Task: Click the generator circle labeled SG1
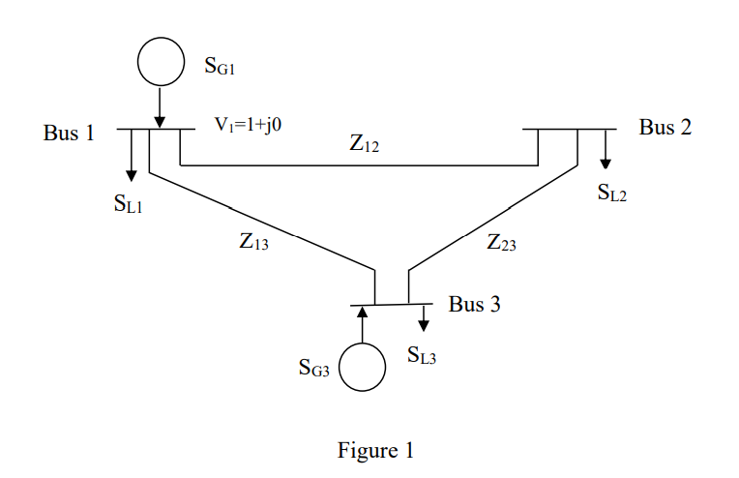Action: (160, 61)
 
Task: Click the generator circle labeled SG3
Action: (363, 368)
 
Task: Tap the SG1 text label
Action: (220, 66)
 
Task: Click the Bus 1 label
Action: (69, 133)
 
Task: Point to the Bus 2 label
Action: (665, 127)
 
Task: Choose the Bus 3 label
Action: (474, 305)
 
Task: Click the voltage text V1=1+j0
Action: (248, 125)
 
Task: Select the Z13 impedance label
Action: (254, 243)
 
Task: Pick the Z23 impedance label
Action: (501, 243)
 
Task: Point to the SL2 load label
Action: (612, 194)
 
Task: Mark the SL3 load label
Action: (422, 356)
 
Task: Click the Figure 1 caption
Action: (375, 450)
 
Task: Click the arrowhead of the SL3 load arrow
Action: (424, 326)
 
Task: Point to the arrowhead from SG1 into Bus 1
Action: (160, 121)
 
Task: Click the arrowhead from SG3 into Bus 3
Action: (363, 312)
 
